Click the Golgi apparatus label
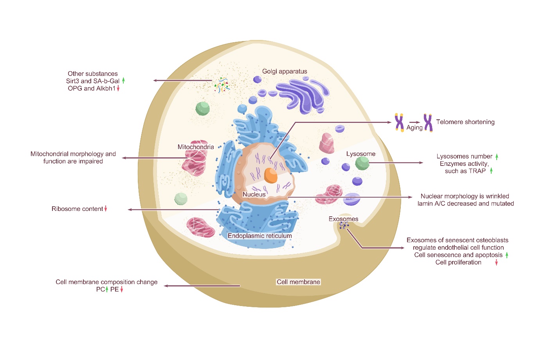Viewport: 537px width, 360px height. pos(285,71)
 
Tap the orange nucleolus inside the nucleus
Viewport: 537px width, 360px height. pos(270,175)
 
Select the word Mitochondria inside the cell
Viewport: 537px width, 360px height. pos(196,147)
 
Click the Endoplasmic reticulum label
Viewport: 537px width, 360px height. pos(260,236)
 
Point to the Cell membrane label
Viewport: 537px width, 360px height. pos(298,282)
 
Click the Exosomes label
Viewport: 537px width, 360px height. pos(343,219)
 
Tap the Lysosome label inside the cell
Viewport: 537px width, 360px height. pos(360,154)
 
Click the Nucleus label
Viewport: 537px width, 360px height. pos(254,194)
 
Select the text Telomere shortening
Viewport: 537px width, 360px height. pos(465,122)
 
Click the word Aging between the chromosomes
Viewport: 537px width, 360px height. pos(414,128)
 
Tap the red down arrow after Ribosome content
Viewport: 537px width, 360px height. pos(106,209)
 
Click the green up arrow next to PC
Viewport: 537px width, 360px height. pos(107,290)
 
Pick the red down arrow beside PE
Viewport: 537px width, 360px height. pos(122,290)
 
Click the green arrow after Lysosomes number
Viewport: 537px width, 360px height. pos(497,157)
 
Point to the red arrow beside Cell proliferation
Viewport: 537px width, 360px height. pos(496,263)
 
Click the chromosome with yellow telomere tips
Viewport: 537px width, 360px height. pos(399,122)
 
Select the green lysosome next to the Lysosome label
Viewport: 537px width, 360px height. pos(362,163)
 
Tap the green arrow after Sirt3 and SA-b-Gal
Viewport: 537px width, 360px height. pos(123,81)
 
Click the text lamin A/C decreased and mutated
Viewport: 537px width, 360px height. pos(465,203)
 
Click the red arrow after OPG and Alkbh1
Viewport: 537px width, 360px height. pos(118,88)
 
